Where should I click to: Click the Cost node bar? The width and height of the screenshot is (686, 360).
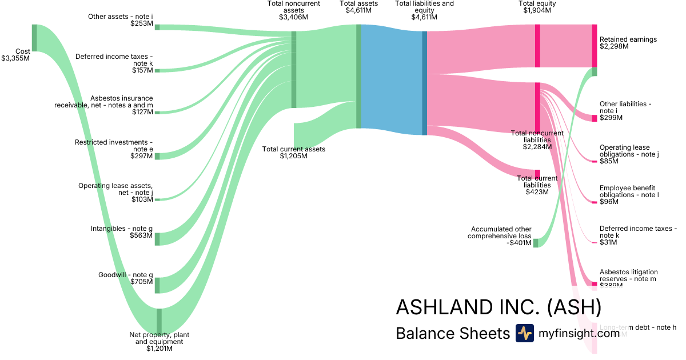(34, 38)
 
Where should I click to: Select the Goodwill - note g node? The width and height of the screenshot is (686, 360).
(157, 285)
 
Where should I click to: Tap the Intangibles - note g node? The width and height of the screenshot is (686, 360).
(157, 239)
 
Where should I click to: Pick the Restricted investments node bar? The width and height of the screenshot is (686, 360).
(157, 156)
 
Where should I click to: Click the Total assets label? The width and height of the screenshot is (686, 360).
(358, 3)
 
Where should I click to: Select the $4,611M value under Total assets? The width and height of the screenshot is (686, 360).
(358, 10)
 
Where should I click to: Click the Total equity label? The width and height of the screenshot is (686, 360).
(537, 3)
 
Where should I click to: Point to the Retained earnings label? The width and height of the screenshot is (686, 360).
(628, 39)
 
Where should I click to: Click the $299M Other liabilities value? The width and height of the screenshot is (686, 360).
(611, 118)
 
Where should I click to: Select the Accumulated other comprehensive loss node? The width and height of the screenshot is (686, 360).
(536, 243)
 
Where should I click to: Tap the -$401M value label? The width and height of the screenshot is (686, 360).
(519, 243)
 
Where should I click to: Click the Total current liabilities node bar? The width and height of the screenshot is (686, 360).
(537, 174)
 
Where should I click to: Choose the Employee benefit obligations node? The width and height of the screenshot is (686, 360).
(595, 202)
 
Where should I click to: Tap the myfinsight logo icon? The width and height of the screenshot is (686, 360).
(524, 333)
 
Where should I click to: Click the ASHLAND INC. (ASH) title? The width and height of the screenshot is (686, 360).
(498, 307)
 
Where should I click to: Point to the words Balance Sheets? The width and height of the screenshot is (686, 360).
(452, 333)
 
